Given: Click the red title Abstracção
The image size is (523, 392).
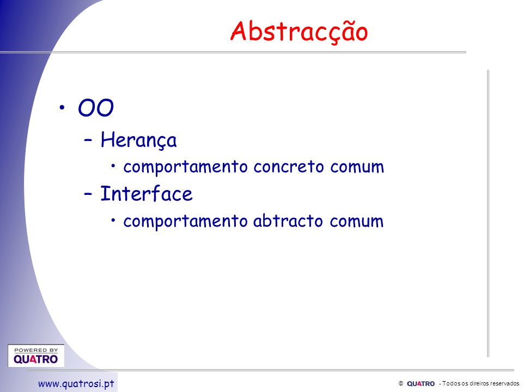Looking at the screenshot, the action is (299, 32).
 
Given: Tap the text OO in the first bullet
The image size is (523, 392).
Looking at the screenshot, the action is (96, 108).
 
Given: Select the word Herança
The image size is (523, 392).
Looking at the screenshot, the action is (138, 140).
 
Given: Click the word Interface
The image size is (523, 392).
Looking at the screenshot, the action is (147, 194).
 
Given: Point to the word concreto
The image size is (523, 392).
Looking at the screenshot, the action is (289, 167).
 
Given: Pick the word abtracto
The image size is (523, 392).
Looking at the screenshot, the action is (288, 220).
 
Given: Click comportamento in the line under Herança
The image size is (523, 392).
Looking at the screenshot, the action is (185, 167).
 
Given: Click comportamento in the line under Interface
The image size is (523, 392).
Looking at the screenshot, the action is (185, 222).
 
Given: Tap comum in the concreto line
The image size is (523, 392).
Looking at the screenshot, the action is (357, 167).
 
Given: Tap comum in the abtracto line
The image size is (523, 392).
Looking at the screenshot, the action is (356, 222).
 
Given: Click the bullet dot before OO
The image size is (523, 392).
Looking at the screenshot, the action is (62, 107).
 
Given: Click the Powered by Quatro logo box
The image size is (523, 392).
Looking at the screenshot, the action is (36, 356).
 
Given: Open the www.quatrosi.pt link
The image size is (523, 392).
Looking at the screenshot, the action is (76, 384).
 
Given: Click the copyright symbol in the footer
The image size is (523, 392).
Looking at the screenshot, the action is (401, 383).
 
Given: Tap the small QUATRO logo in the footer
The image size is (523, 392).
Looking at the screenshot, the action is (421, 384).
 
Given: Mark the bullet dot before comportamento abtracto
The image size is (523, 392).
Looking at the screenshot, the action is (113, 220).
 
